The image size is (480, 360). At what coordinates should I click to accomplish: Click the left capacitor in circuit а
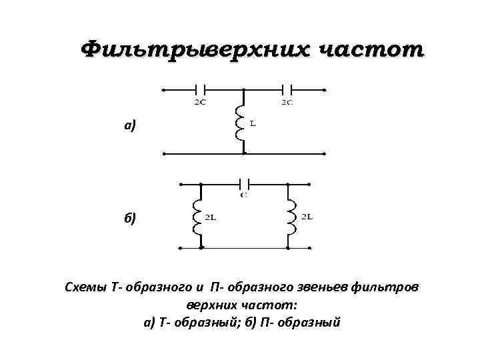(x=200, y=89)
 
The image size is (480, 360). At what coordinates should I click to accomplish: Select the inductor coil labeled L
(x=240, y=125)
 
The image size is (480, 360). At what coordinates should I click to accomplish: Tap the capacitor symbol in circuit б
(x=244, y=182)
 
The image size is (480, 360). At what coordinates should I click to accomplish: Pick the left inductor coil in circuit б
(x=197, y=217)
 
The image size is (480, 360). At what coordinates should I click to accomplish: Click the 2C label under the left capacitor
(x=199, y=102)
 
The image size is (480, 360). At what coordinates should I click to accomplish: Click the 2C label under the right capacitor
(x=287, y=102)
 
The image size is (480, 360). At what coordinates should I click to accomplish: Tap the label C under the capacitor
(x=244, y=195)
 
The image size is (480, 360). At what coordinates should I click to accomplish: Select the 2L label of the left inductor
(x=209, y=217)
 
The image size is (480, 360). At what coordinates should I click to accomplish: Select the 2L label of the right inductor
(x=307, y=217)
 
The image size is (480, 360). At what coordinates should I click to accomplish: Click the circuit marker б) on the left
(x=129, y=218)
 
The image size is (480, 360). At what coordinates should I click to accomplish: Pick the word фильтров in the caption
(x=387, y=287)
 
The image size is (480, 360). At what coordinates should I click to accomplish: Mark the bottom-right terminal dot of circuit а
(x=324, y=153)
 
